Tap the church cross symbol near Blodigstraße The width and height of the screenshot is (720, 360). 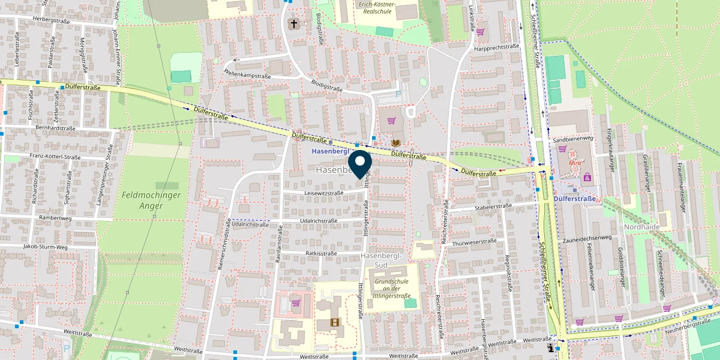(x=293, y=24)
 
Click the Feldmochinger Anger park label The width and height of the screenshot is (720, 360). (x=142, y=200)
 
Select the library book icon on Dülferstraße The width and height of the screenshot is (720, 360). (x=395, y=143)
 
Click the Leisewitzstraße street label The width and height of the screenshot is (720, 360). (x=324, y=193)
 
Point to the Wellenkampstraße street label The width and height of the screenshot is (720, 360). (x=247, y=77)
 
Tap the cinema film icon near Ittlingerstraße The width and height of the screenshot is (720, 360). (x=334, y=323)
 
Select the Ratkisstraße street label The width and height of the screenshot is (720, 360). (x=322, y=253)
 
